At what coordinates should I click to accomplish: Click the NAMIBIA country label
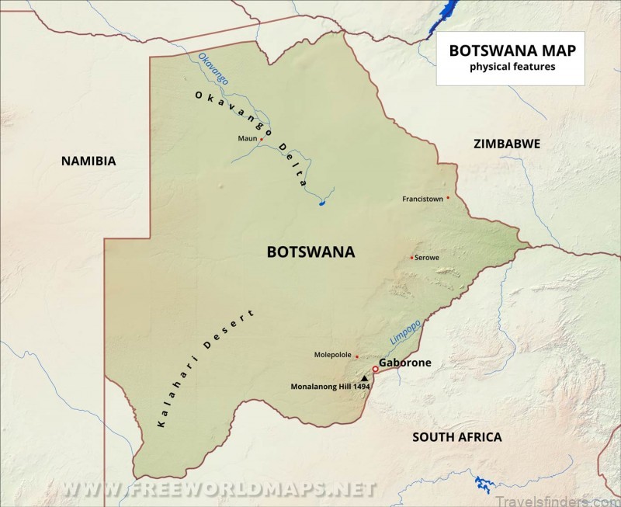[x=88, y=161]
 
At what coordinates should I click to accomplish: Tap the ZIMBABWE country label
[x=506, y=144]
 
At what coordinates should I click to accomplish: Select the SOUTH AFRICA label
[x=456, y=437]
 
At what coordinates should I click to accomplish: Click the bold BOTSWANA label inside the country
[x=310, y=252]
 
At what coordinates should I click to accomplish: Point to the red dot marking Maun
[x=262, y=139]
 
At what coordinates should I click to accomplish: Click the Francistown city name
[x=422, y=199]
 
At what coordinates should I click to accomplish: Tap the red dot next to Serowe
[x=411, y=257]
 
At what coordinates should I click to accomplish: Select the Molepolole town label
[x=333, y=355]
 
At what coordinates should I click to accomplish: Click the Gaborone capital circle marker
[x=375, y=370]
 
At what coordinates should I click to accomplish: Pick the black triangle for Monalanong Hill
[x=364, y=377]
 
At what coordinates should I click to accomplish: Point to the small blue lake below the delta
[x=321, y=204]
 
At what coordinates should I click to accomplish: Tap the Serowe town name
[x=428, y=257]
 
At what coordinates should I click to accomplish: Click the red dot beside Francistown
[x=448, y=197]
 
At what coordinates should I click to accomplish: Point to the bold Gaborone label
[x=404, y=363]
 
